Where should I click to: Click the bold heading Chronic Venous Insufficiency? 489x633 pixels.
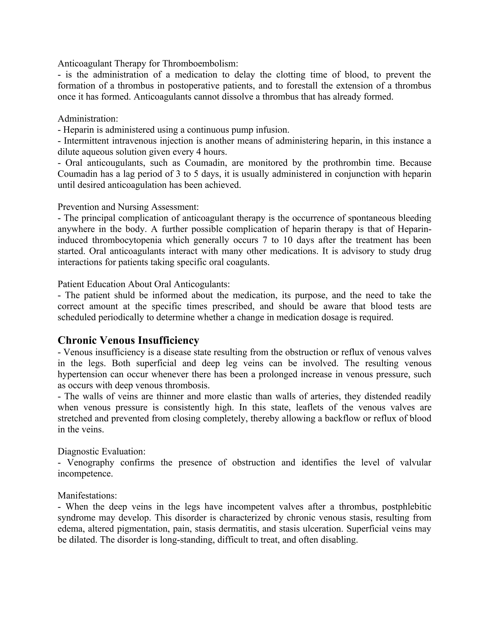coord(128,340)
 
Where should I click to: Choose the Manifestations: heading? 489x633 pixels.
coord(87,496)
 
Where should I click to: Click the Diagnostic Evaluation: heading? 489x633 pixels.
coord(101,451)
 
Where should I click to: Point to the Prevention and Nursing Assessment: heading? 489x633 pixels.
coord(128,207)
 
